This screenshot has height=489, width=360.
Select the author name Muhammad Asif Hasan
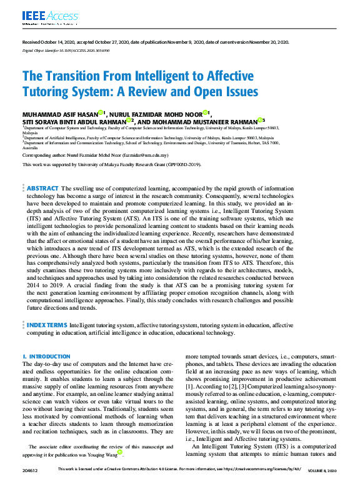coord(61,114)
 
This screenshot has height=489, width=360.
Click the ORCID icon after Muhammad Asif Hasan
coord(104,113)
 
